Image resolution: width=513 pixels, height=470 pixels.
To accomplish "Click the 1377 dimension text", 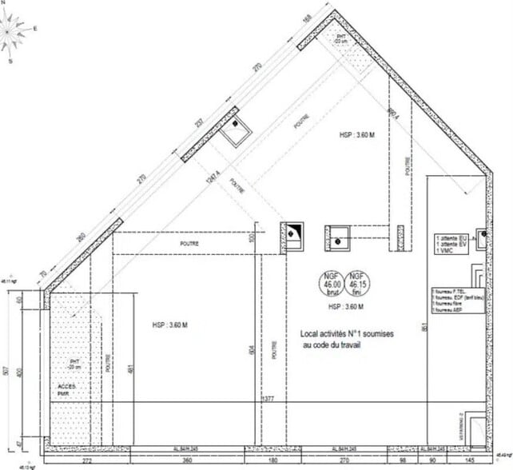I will (268, 397).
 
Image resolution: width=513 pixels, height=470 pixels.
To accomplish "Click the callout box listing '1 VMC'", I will (451, 244).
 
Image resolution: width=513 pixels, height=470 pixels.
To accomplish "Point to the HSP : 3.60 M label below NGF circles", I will (346, 307).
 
